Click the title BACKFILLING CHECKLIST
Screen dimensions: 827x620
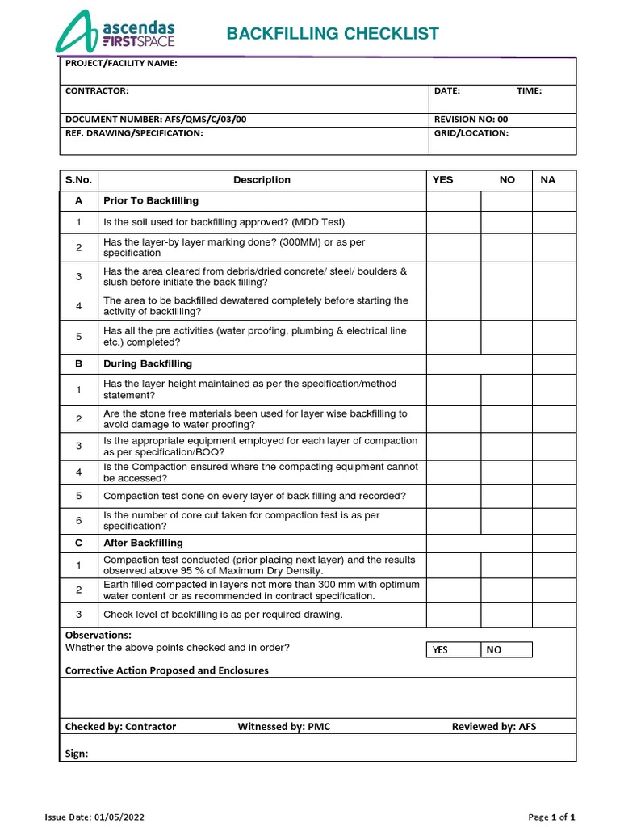[333, 33]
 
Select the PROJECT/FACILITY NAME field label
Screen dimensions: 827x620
[121, 64]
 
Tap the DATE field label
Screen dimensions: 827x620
[447, 91]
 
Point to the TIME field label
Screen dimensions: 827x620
[529, 91]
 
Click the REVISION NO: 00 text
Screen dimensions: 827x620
[471, 119]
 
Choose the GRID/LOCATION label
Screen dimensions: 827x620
[471, 133]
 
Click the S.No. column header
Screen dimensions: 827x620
[79, 180]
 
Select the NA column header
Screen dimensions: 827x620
[548, 180]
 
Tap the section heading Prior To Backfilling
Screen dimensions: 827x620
[151, 200]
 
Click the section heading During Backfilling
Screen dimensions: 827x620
[148, 363]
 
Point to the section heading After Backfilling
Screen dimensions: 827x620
[143, 543]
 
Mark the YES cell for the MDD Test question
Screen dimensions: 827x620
[454, 222]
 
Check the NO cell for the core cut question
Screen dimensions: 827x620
[506, 520]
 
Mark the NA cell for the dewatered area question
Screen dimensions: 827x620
[554, 306]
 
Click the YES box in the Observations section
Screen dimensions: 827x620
[454, 649]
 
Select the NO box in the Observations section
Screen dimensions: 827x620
[507, 649]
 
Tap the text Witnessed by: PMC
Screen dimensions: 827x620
[283, 726]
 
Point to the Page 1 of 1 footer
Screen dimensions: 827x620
[551, 817]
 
